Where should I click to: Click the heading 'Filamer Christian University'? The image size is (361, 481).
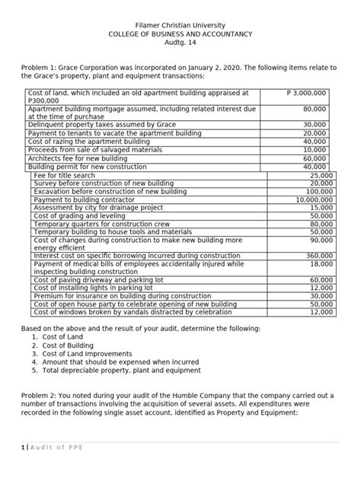coord(180,25)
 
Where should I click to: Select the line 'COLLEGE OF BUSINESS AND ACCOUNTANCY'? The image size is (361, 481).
coord(180,35)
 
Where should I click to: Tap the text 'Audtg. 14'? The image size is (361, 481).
coord(180,45)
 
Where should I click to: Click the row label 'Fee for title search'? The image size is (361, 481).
coord(65,175)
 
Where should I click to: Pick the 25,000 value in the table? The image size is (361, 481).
coord(321,175)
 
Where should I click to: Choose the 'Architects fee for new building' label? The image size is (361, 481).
coord(78,158)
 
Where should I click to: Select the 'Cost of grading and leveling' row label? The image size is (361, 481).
coord(78,216)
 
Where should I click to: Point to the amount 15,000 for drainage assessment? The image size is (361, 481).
coord(321,208)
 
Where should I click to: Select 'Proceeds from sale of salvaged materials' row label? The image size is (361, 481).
coord(94,150)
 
